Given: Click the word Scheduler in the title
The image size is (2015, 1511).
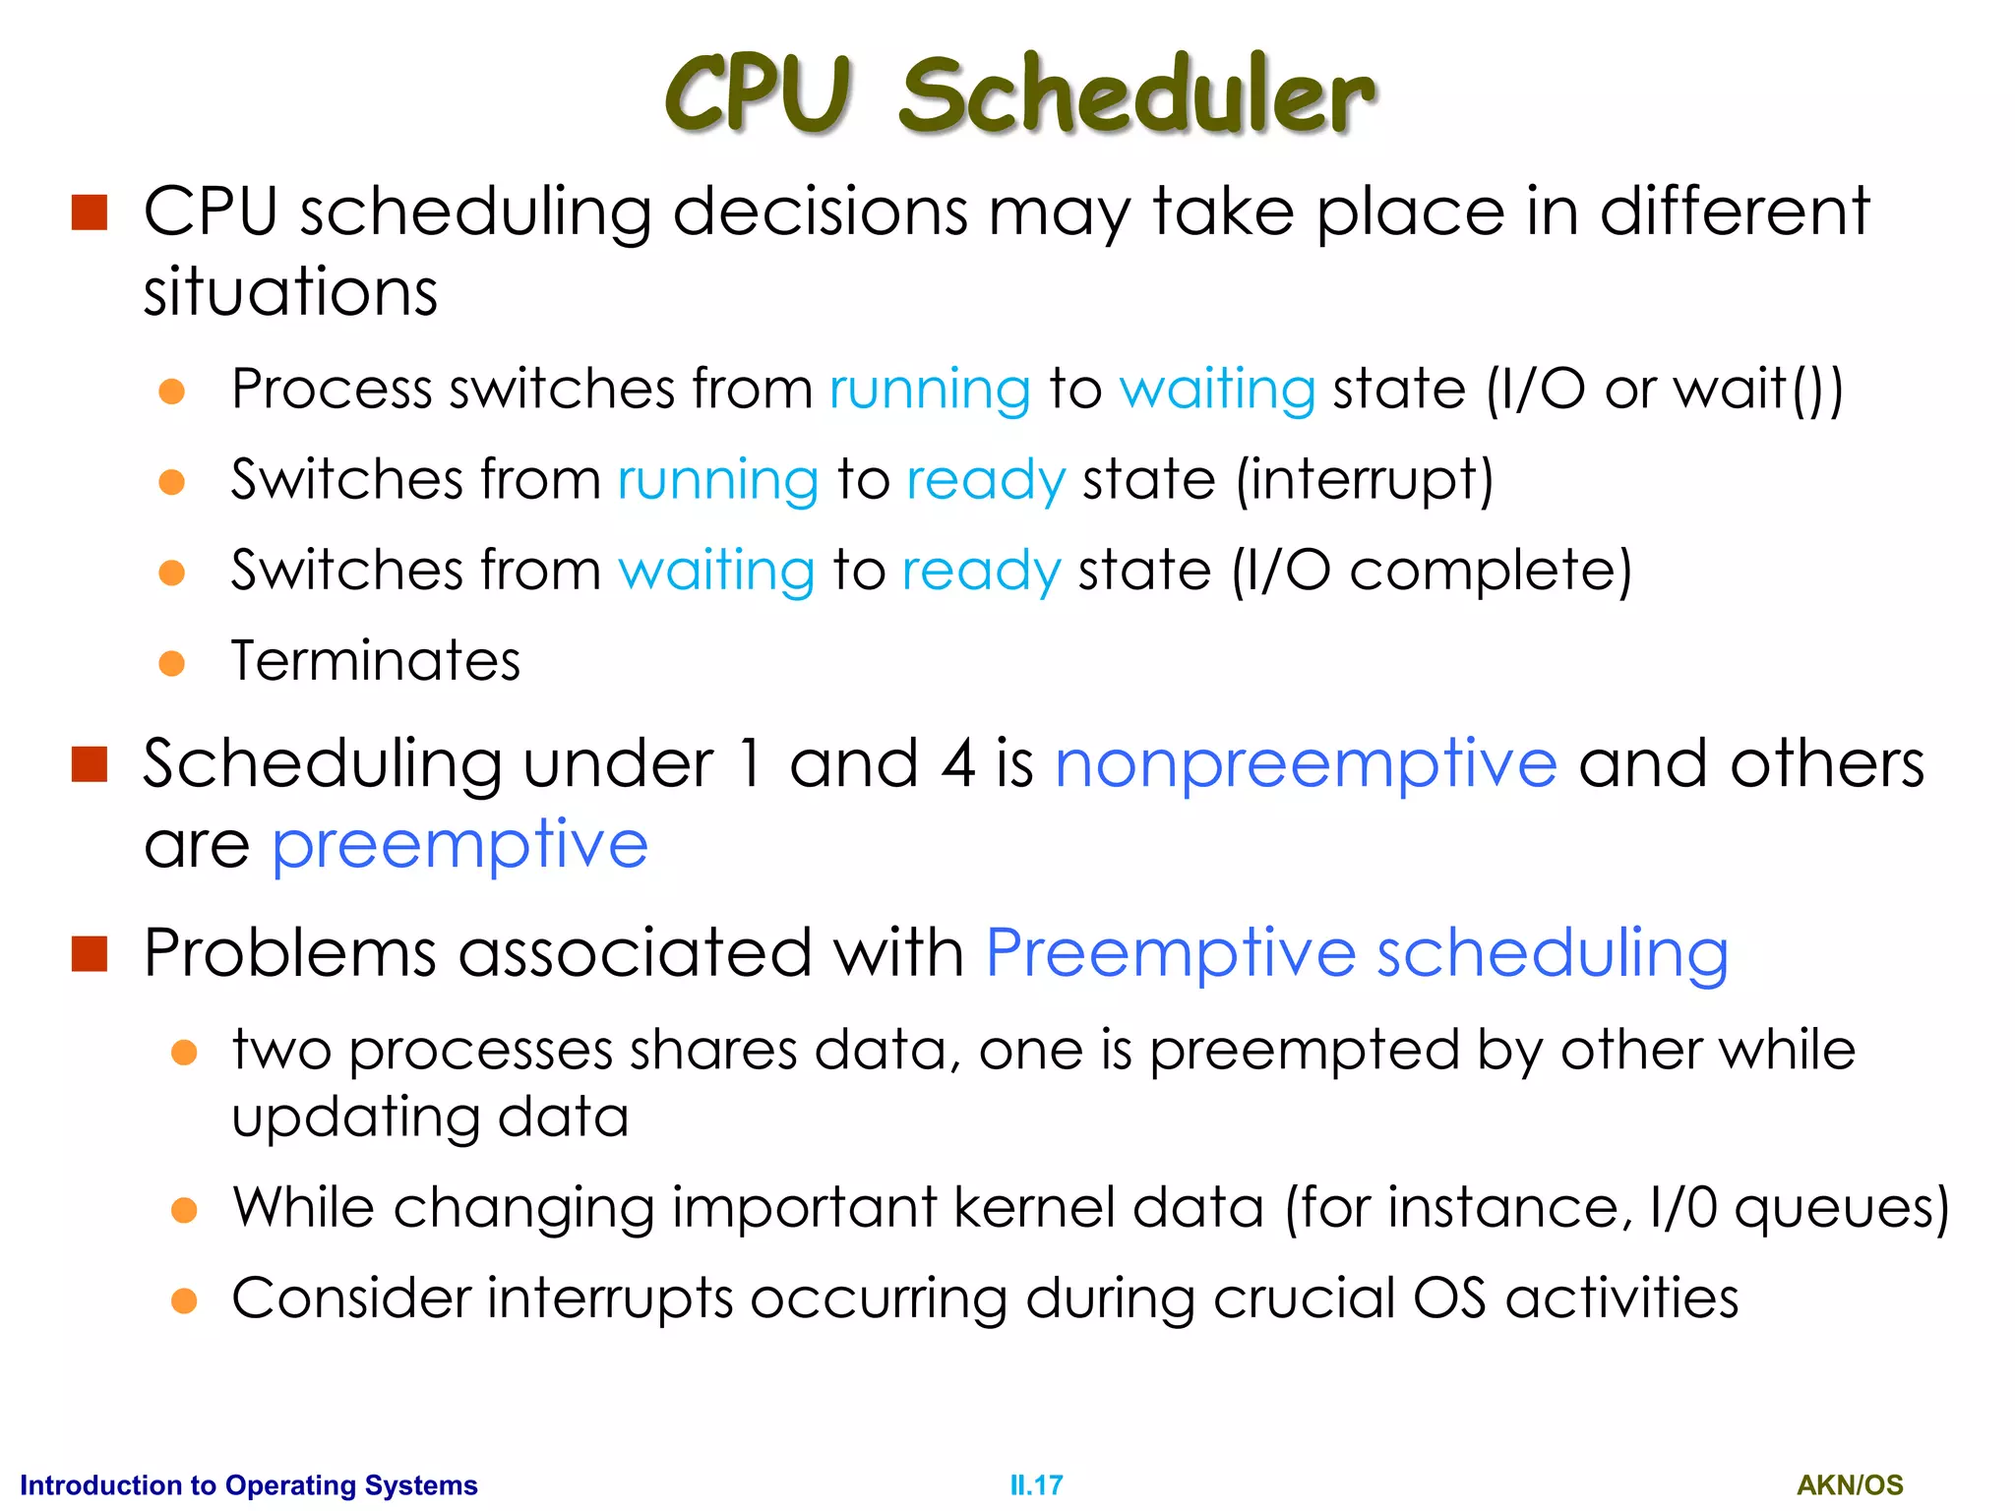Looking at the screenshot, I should tap(1136, 94).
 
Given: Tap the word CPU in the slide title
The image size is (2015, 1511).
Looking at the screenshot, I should tap(758, 94).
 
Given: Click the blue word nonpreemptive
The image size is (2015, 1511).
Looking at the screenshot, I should tap(1306, 763).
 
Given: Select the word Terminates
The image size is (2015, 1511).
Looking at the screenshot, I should tap(376, 660).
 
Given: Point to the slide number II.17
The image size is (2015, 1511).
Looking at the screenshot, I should tap(1036, 1484).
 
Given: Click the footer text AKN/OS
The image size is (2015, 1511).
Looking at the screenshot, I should tap(1850, 1484).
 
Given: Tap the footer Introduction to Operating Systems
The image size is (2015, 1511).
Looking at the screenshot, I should tap(249, 1484).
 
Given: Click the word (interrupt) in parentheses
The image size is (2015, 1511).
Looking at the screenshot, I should tap(1365, 480).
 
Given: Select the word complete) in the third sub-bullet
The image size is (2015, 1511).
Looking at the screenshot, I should tap(1491, 571).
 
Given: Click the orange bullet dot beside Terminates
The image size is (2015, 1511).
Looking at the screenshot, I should tap(172, 663).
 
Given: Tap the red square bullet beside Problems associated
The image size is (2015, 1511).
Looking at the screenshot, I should tap(90, 953).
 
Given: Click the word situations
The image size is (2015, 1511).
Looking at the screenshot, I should tap(290, 292).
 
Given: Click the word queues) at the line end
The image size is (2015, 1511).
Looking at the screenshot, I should tap(1841, 1209).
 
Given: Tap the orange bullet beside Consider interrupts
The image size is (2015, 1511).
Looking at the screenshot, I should tap(184, 1300).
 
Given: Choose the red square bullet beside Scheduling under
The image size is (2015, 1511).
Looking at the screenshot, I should tap(90, 764).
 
